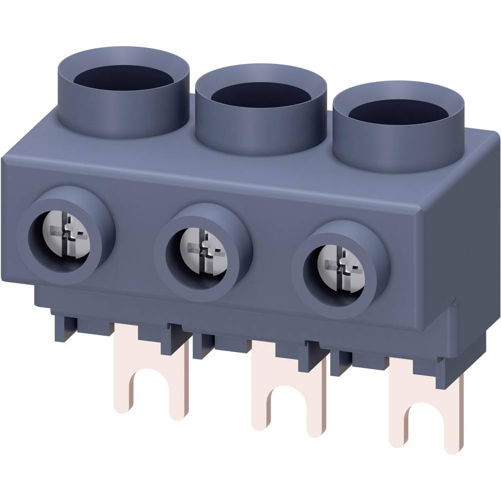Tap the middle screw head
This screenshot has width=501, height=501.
coord(202,250)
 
